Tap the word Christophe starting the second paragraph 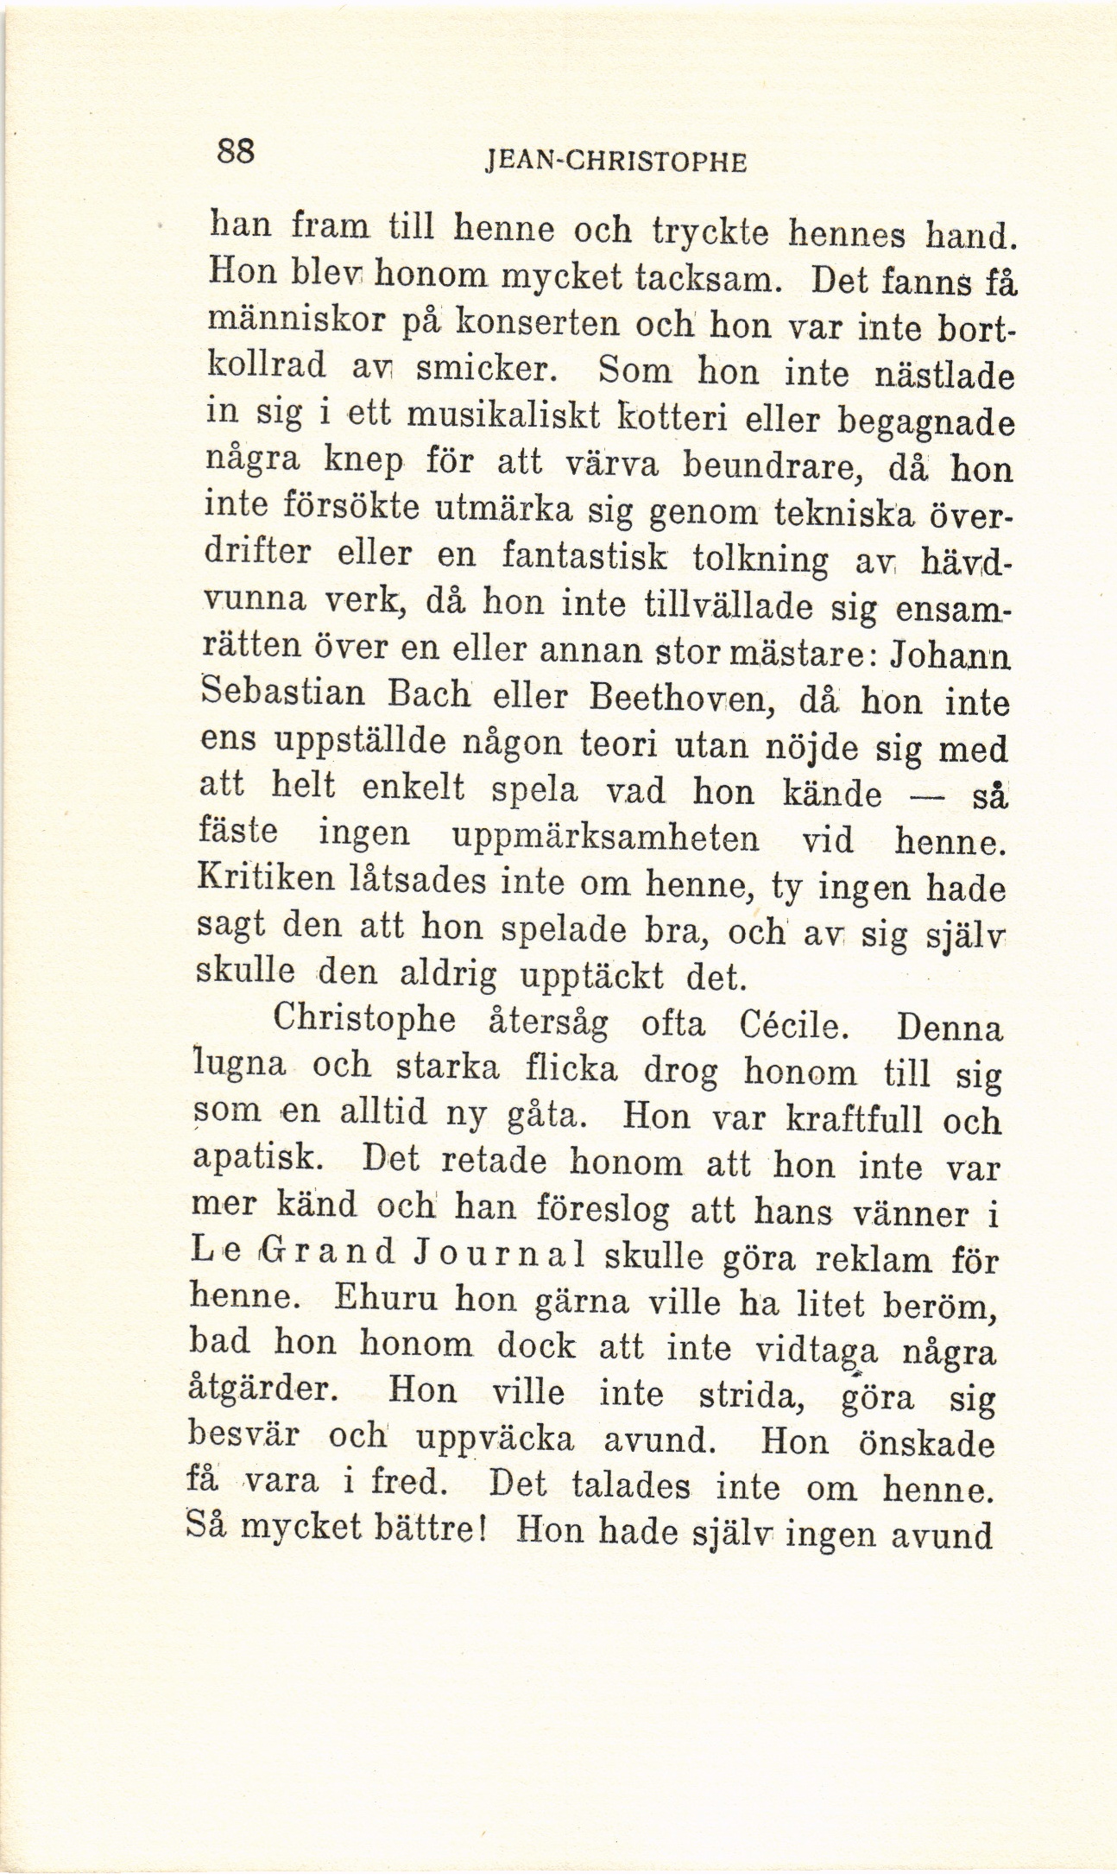pyautogui.click(x=364, y=1021)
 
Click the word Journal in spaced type pyautogui.click(x=493, y=1252)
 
